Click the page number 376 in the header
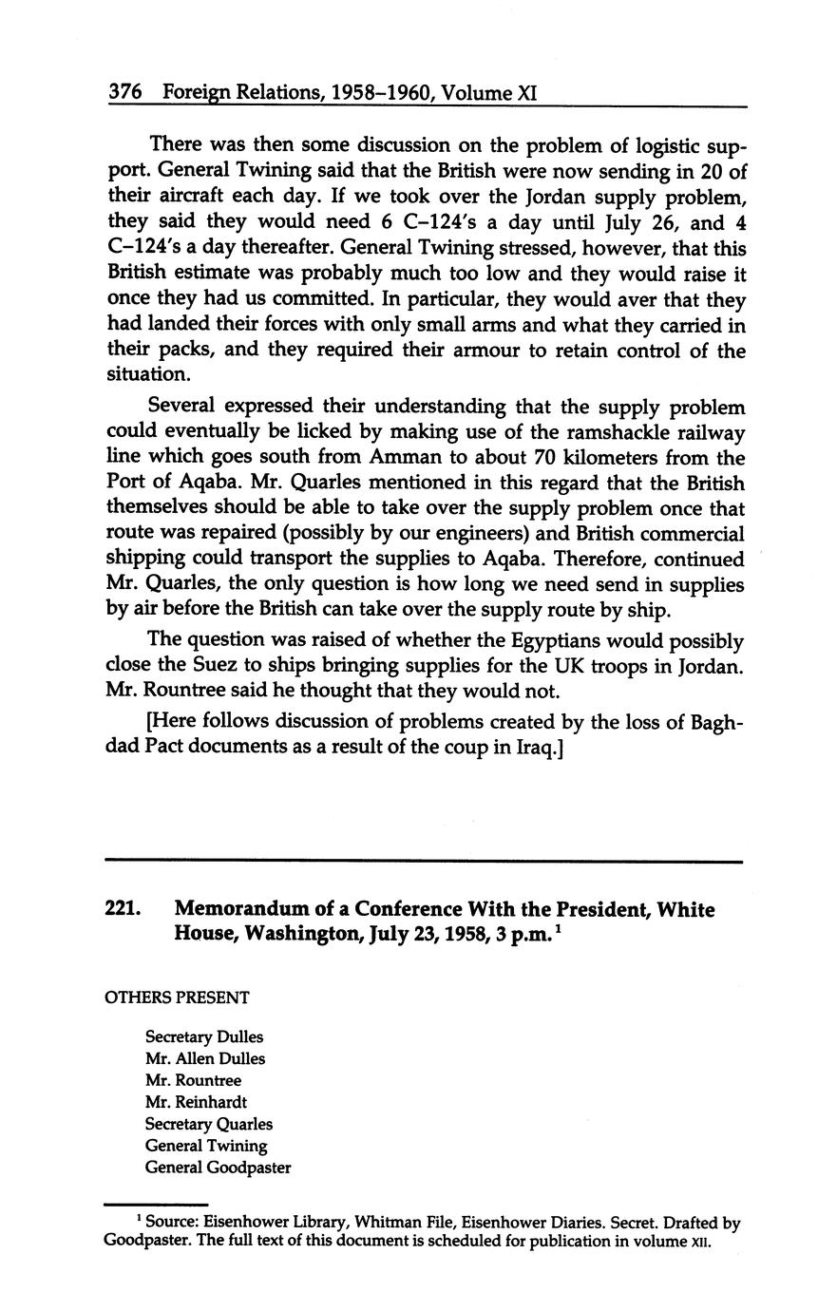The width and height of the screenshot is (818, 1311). (x=124, y=92)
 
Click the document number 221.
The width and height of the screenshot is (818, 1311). (x=124, y=910)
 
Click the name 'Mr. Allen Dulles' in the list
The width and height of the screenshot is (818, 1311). (x=205, y=1058)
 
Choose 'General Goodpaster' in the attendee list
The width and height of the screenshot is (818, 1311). (x=218, y=1168)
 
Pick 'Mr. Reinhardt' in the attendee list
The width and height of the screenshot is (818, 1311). (x=196, y=1102)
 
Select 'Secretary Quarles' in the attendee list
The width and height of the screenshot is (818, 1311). (x=209, y=1124)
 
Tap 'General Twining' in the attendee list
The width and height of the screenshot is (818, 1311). (x=206, y=1146)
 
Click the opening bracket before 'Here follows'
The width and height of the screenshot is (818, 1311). (x=150, y=721)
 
